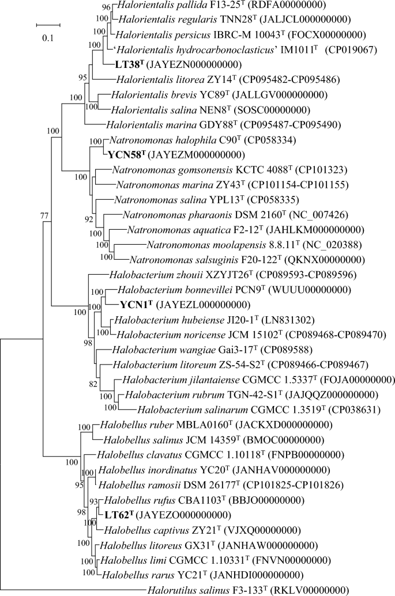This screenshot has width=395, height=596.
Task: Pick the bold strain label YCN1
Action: coord(136,305)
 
